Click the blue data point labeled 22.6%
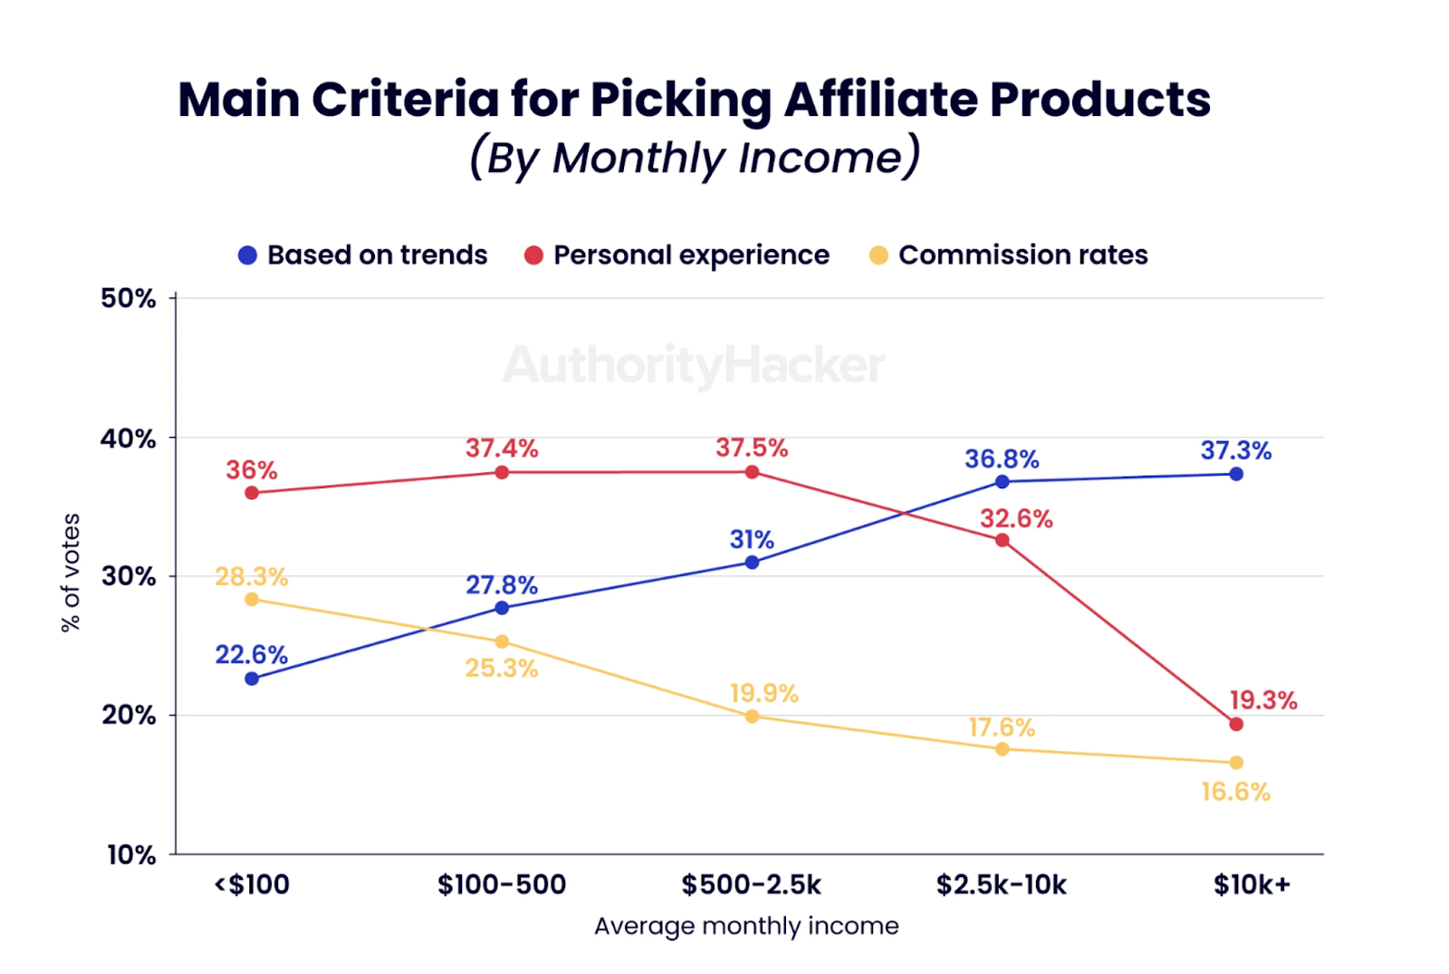coord(252,679)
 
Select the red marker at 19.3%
coord(1236,724)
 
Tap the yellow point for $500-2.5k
coord(752,717)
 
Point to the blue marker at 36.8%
coord(1002,482)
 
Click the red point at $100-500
coord(502,472)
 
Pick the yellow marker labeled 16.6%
coord(1236,763)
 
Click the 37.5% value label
coord(752,448)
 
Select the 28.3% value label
coord(252,576)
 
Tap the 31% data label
coord(752,539)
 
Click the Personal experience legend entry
coord(691,256)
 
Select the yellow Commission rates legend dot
coord(878,256)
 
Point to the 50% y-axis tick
coord(129,298)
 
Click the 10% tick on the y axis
coord(131,854)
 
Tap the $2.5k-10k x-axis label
coord(1002,884)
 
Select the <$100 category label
coord(252,884)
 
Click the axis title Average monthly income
coord(746,926)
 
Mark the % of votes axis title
coord(71,573)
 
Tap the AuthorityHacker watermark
coord(694,366)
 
